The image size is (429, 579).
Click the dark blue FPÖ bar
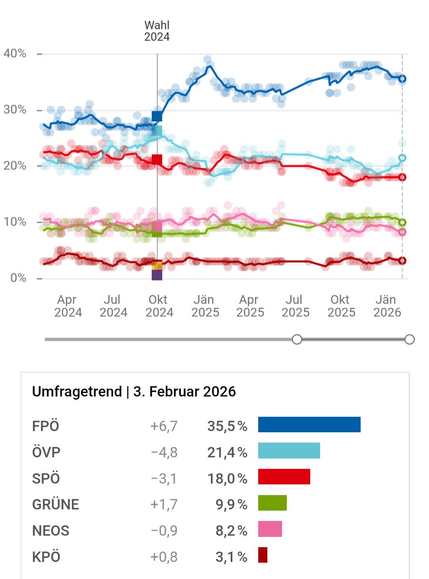309,425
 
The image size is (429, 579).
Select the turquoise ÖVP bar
289,451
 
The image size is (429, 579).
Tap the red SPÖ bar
284,477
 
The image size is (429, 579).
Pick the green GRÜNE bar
272,503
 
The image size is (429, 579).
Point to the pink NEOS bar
270,529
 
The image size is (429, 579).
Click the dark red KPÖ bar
263,555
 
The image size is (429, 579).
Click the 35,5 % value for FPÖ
227,427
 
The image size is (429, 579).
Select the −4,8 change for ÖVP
163,453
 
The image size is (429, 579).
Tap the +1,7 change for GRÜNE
163,505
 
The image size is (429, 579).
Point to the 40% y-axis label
15,54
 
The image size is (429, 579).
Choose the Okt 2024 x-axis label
159,306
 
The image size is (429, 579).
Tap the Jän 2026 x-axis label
387,306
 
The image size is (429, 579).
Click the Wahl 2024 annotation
157,31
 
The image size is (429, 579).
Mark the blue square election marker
157,116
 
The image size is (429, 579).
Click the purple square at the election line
157,275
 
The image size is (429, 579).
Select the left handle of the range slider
297,340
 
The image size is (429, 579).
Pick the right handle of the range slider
409,340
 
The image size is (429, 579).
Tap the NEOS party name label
51,531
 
